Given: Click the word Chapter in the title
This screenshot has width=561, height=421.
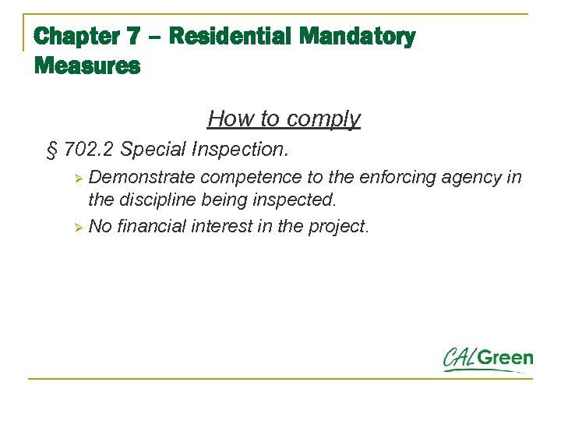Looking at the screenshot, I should coord(77,37).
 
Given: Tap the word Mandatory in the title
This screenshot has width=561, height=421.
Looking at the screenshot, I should coord(358,37).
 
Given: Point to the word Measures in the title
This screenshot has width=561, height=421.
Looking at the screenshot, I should coord(87,66).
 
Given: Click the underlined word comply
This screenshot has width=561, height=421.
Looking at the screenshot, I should coord(323,119).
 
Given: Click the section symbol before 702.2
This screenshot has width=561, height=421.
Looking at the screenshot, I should coord(52,149).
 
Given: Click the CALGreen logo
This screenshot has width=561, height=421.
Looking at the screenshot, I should coord(488,359).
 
